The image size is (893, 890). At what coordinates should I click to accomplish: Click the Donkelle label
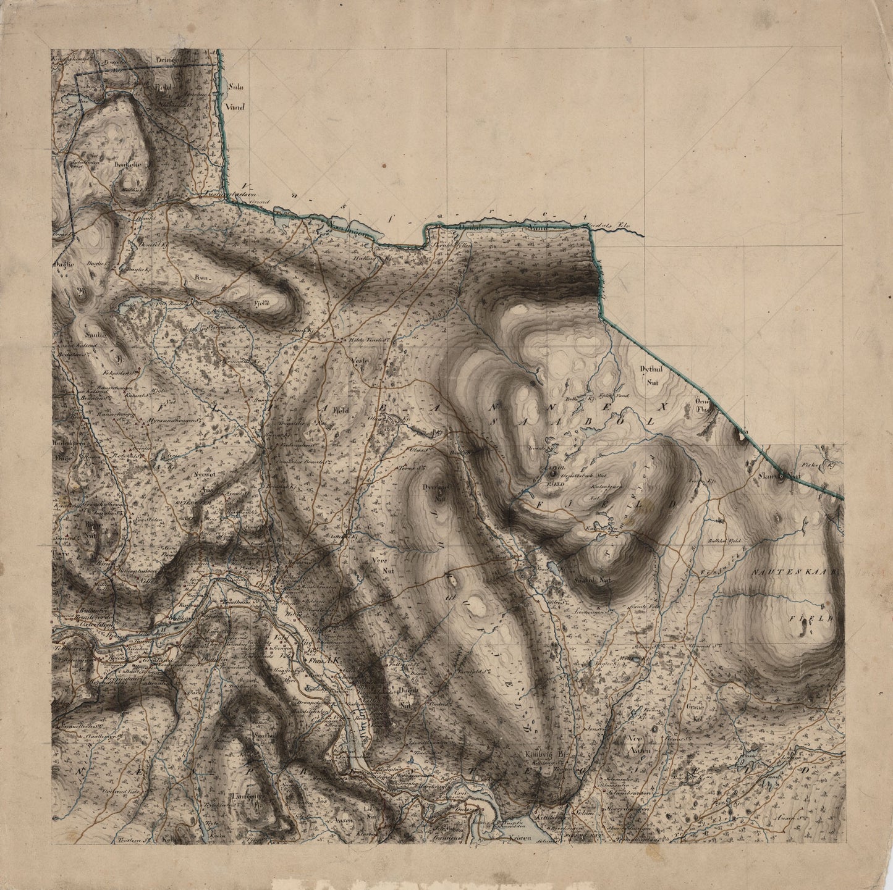point(128,165)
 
